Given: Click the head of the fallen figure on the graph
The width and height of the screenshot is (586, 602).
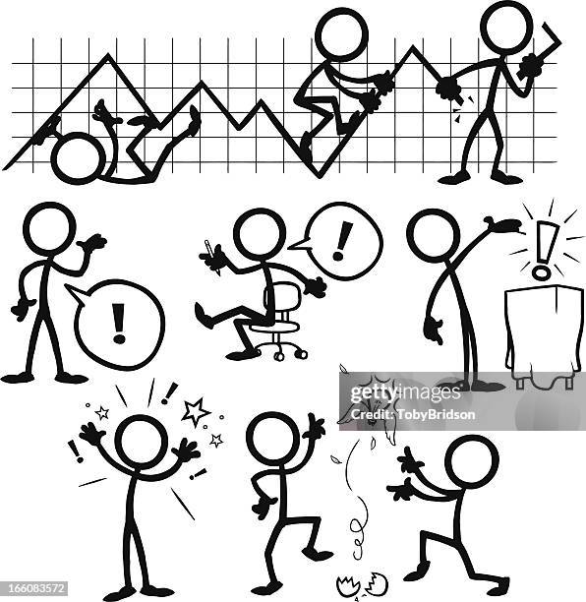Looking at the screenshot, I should (76, 159).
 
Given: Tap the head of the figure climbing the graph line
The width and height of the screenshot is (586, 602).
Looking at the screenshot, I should (342, 33).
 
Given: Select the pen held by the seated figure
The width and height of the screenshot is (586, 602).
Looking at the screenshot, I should (210, 250).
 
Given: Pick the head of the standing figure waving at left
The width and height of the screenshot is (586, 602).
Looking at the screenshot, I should (49, 230).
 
